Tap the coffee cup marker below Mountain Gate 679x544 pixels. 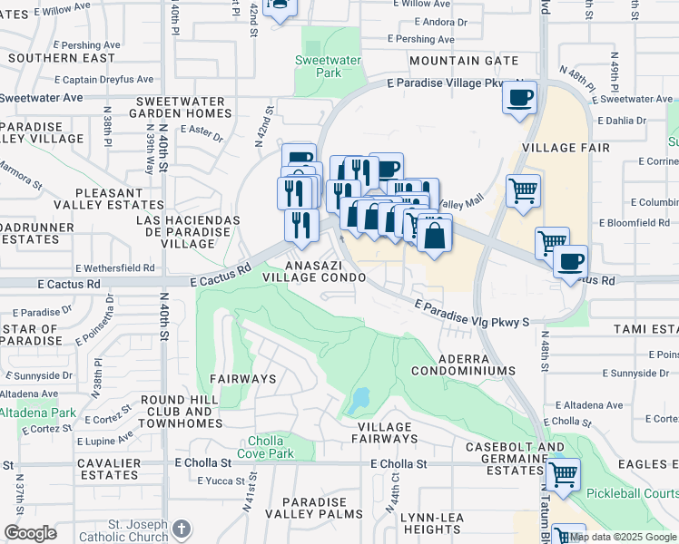tap(519, 97)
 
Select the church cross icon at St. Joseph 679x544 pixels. tap(182, 529)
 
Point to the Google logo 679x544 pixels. tap(30, 533)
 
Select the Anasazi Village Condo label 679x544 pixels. tap(313, 271)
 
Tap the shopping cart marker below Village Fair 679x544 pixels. tap(523, 190)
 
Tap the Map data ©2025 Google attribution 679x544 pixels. tap(623, 537)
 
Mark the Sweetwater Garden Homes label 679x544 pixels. tap(180, 107)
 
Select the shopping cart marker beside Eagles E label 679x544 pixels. tap(563, 472)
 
